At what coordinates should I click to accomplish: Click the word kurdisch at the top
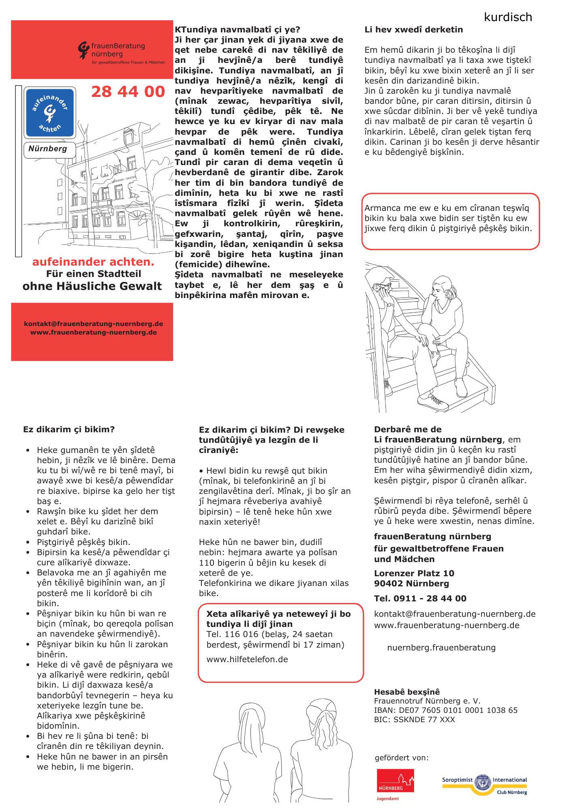[508, 17]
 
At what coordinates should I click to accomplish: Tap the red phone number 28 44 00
[128, 92]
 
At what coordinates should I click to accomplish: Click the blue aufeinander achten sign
[50, 113]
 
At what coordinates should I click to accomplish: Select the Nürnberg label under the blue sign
[48, 149]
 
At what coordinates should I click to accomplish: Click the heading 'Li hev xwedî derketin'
[413, 30]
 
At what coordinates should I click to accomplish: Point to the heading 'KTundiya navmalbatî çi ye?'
[237, 30]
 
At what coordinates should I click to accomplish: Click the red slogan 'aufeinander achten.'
[93, 262]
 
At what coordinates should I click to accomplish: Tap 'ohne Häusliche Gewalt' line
[92, 286]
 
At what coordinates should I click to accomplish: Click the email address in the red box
[94, 324]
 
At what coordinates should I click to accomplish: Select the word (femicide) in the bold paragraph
[198, 264]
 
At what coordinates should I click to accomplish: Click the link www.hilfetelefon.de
[247, 659]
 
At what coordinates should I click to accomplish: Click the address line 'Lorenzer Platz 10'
[414, 573]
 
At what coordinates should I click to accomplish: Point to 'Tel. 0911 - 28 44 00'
[420, 599]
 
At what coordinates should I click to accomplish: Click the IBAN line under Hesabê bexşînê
[445, 710]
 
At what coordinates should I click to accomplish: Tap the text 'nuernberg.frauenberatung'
[441, 648]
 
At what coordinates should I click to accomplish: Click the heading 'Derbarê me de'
[408, 429]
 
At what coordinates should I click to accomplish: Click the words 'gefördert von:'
[401, 757]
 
